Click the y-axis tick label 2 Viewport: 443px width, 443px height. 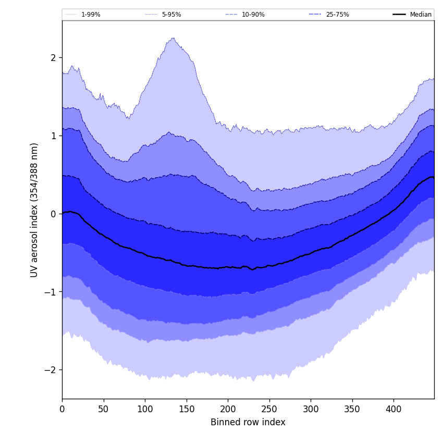point(53,57)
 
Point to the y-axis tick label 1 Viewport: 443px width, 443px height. point(53,136)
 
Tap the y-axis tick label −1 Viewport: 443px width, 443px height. point(51,292)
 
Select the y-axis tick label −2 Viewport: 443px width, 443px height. point(51,370)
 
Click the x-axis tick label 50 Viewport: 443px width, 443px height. point(104,409)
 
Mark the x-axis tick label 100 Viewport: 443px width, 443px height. point(145,409)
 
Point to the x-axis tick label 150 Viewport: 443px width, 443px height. point(187,409)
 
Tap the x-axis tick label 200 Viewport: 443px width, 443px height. point(228,409)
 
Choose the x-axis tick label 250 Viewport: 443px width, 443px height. point(269,409)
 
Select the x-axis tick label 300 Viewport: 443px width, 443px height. point(311,409)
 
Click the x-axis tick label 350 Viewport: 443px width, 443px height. point(352,409)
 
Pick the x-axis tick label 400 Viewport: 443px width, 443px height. point(393,409)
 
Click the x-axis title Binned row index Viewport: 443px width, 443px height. point(248,422)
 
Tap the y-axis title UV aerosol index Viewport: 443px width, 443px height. point(34,210)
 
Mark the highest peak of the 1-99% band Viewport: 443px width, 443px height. point(173,38)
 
